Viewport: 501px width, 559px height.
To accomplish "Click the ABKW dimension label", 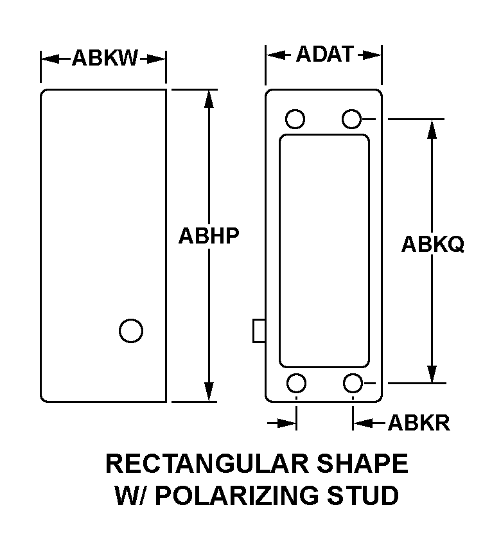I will [x=105, y=58].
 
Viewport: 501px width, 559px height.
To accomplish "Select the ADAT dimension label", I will [x=324, y=55].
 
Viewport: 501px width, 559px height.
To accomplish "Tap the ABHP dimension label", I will [x=209, y=236].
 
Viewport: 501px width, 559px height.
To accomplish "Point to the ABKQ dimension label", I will [x=433, y=244].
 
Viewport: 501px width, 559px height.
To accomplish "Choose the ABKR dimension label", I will [x=419, y=423].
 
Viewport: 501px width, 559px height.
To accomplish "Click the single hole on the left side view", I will [x=131, y=330].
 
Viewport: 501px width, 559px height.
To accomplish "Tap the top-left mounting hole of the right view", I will [x=295, y=119].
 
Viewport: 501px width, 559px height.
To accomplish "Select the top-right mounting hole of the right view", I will [x=352, y=119].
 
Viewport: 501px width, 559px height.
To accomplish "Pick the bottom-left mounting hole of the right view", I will [x=296, y=383].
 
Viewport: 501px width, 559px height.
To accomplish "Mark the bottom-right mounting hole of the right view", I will [x=353, y=383].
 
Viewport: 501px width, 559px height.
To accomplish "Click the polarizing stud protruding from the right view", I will [x=259, y=330].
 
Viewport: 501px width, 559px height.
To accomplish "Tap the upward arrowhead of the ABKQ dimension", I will [x=432, y=129].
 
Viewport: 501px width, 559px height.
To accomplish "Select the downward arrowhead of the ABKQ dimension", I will [x=432, y=373].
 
